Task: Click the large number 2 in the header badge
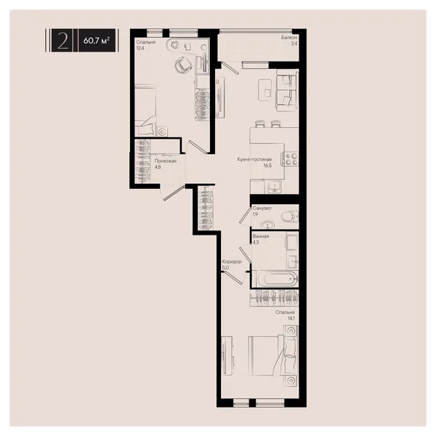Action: point(62,40)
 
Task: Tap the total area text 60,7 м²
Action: point(96,41)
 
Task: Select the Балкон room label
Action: point(289,37)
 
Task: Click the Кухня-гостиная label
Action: point(254,159)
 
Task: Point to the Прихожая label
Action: point(165,161)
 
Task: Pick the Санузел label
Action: point(262,208)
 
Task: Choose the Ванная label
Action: point(261,236)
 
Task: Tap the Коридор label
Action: point(232,262)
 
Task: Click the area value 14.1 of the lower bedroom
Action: point(291,318)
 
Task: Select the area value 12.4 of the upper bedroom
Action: point(141,48)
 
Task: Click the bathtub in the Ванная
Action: point(275,278)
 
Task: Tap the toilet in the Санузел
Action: point(289,217)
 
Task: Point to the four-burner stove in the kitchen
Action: point(291,159)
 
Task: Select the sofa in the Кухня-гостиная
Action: point(287,90)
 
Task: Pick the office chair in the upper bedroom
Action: point(183,65)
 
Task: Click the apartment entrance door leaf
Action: point(174,193)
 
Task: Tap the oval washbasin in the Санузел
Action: point(268,224)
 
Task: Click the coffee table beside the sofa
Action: point(265,89)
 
